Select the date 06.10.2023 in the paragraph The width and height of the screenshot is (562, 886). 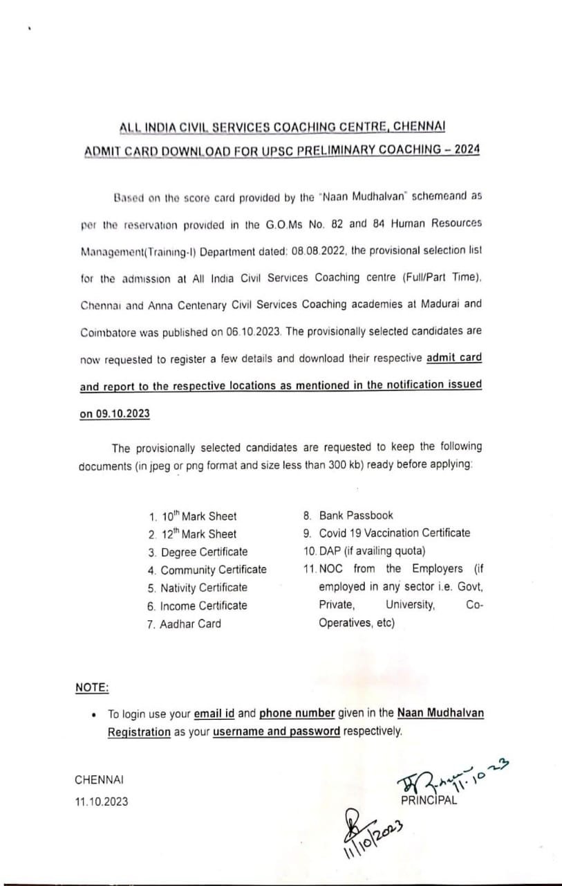(252, 332)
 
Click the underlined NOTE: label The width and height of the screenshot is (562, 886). (92, 687)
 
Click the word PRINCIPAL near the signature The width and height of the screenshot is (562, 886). (429, 801)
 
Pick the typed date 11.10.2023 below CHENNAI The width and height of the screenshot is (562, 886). (101, 802)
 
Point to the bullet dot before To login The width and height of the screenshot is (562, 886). (93, 714)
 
